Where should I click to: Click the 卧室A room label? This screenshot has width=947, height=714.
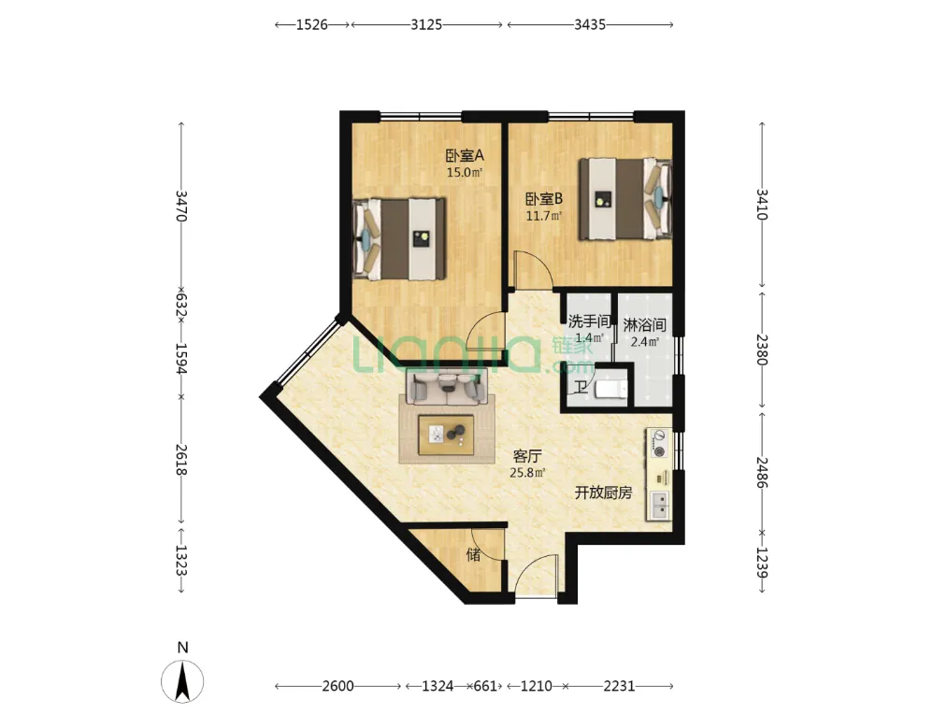465,156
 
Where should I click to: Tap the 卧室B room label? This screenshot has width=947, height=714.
543,198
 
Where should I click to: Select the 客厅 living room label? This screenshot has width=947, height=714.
526,456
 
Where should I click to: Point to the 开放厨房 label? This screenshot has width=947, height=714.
603,493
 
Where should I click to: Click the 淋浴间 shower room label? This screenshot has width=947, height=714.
644,325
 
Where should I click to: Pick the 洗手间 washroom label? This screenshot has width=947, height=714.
588,321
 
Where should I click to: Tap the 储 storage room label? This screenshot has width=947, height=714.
473,554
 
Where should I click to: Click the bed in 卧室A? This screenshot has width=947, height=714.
399,239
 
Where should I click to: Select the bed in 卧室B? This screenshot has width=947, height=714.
625,199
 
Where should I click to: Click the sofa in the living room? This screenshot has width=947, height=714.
447,388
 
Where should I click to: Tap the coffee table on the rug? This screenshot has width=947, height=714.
447,435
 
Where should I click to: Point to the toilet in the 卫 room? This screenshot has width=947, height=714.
611,390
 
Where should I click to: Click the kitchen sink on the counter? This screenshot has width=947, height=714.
658,506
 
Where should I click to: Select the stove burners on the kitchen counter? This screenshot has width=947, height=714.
658,444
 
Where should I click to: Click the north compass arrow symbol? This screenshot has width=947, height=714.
182,681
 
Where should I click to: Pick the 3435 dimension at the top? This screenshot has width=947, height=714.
590,24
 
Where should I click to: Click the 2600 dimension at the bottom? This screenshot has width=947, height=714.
337,686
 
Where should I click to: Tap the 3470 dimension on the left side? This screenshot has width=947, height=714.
181,206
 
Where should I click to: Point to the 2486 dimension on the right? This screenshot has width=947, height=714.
762,473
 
